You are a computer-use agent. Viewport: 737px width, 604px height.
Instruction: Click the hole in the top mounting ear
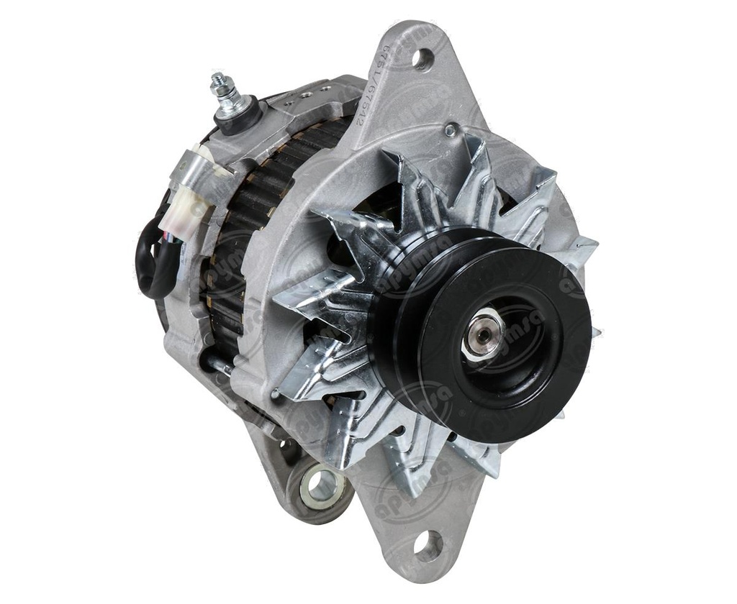pyautogui.click(x=422, y=58)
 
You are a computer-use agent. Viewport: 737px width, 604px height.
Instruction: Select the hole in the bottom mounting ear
pyautogui.click(x=428, y=545)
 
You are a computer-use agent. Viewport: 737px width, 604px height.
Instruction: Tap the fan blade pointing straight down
pyautogui.click(x=403, y=467)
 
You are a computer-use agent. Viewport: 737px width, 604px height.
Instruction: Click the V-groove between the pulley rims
pyautogui.click(x=403, y=324)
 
